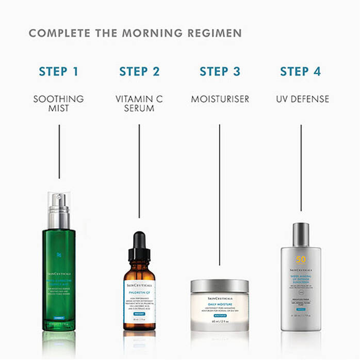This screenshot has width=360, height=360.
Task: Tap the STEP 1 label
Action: point(59,71)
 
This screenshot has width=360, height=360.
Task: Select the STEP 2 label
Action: point(139,71)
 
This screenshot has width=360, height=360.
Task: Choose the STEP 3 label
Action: point(220,71)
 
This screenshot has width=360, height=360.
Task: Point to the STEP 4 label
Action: point(301,71)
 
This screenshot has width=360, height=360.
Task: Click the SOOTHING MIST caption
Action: point(59,103)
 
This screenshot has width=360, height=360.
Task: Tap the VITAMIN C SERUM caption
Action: point(139,103)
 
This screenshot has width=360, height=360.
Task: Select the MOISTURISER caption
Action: point(220,99)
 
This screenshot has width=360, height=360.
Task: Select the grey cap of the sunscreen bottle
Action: point(301,235)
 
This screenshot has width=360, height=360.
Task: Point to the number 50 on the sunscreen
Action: point(301,259)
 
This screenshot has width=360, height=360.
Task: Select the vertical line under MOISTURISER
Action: point(220,191)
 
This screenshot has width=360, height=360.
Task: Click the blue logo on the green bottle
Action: point(59,254)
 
